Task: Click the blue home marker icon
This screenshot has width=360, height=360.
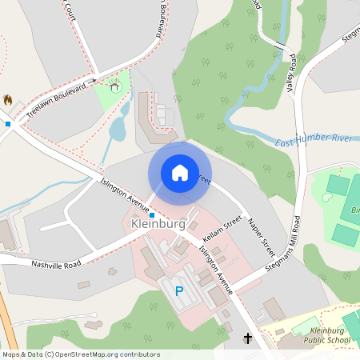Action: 179,172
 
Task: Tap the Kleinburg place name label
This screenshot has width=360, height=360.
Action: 157,224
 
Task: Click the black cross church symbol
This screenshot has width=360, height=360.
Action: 247,339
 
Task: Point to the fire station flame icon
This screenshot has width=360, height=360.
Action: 8,100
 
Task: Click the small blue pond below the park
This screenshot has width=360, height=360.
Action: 118,128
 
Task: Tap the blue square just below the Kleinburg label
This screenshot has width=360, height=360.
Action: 152,237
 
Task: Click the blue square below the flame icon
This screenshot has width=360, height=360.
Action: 8,123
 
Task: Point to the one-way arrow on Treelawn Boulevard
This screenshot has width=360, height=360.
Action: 94,80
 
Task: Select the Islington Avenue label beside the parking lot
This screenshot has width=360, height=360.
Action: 215,270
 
